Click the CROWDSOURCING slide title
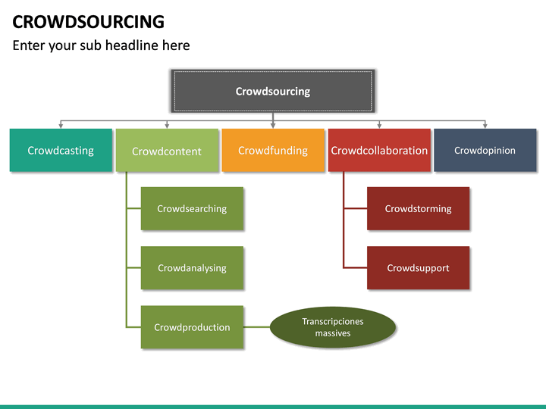click(88, 21)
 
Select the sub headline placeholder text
click(101, 45)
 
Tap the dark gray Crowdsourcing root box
click(272, 92)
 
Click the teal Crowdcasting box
click(61, 150)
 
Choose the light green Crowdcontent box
click(167, 151)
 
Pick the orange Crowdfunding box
click(273, 150)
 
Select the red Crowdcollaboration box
click(379, 150)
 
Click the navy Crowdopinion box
click(485, 150)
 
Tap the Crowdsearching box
click(192, 208)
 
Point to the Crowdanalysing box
click(192, 267)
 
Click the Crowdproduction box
click(192, 327)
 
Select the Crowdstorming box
click(418, 208)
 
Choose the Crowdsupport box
click(418, 267)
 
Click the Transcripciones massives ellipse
click(333, 327)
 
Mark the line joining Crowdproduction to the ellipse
click(257, 327)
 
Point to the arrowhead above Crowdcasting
click(61, 125)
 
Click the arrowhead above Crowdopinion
click(485, 125)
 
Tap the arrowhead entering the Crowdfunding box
click(273, 125)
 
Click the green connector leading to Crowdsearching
click(133, 208)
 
